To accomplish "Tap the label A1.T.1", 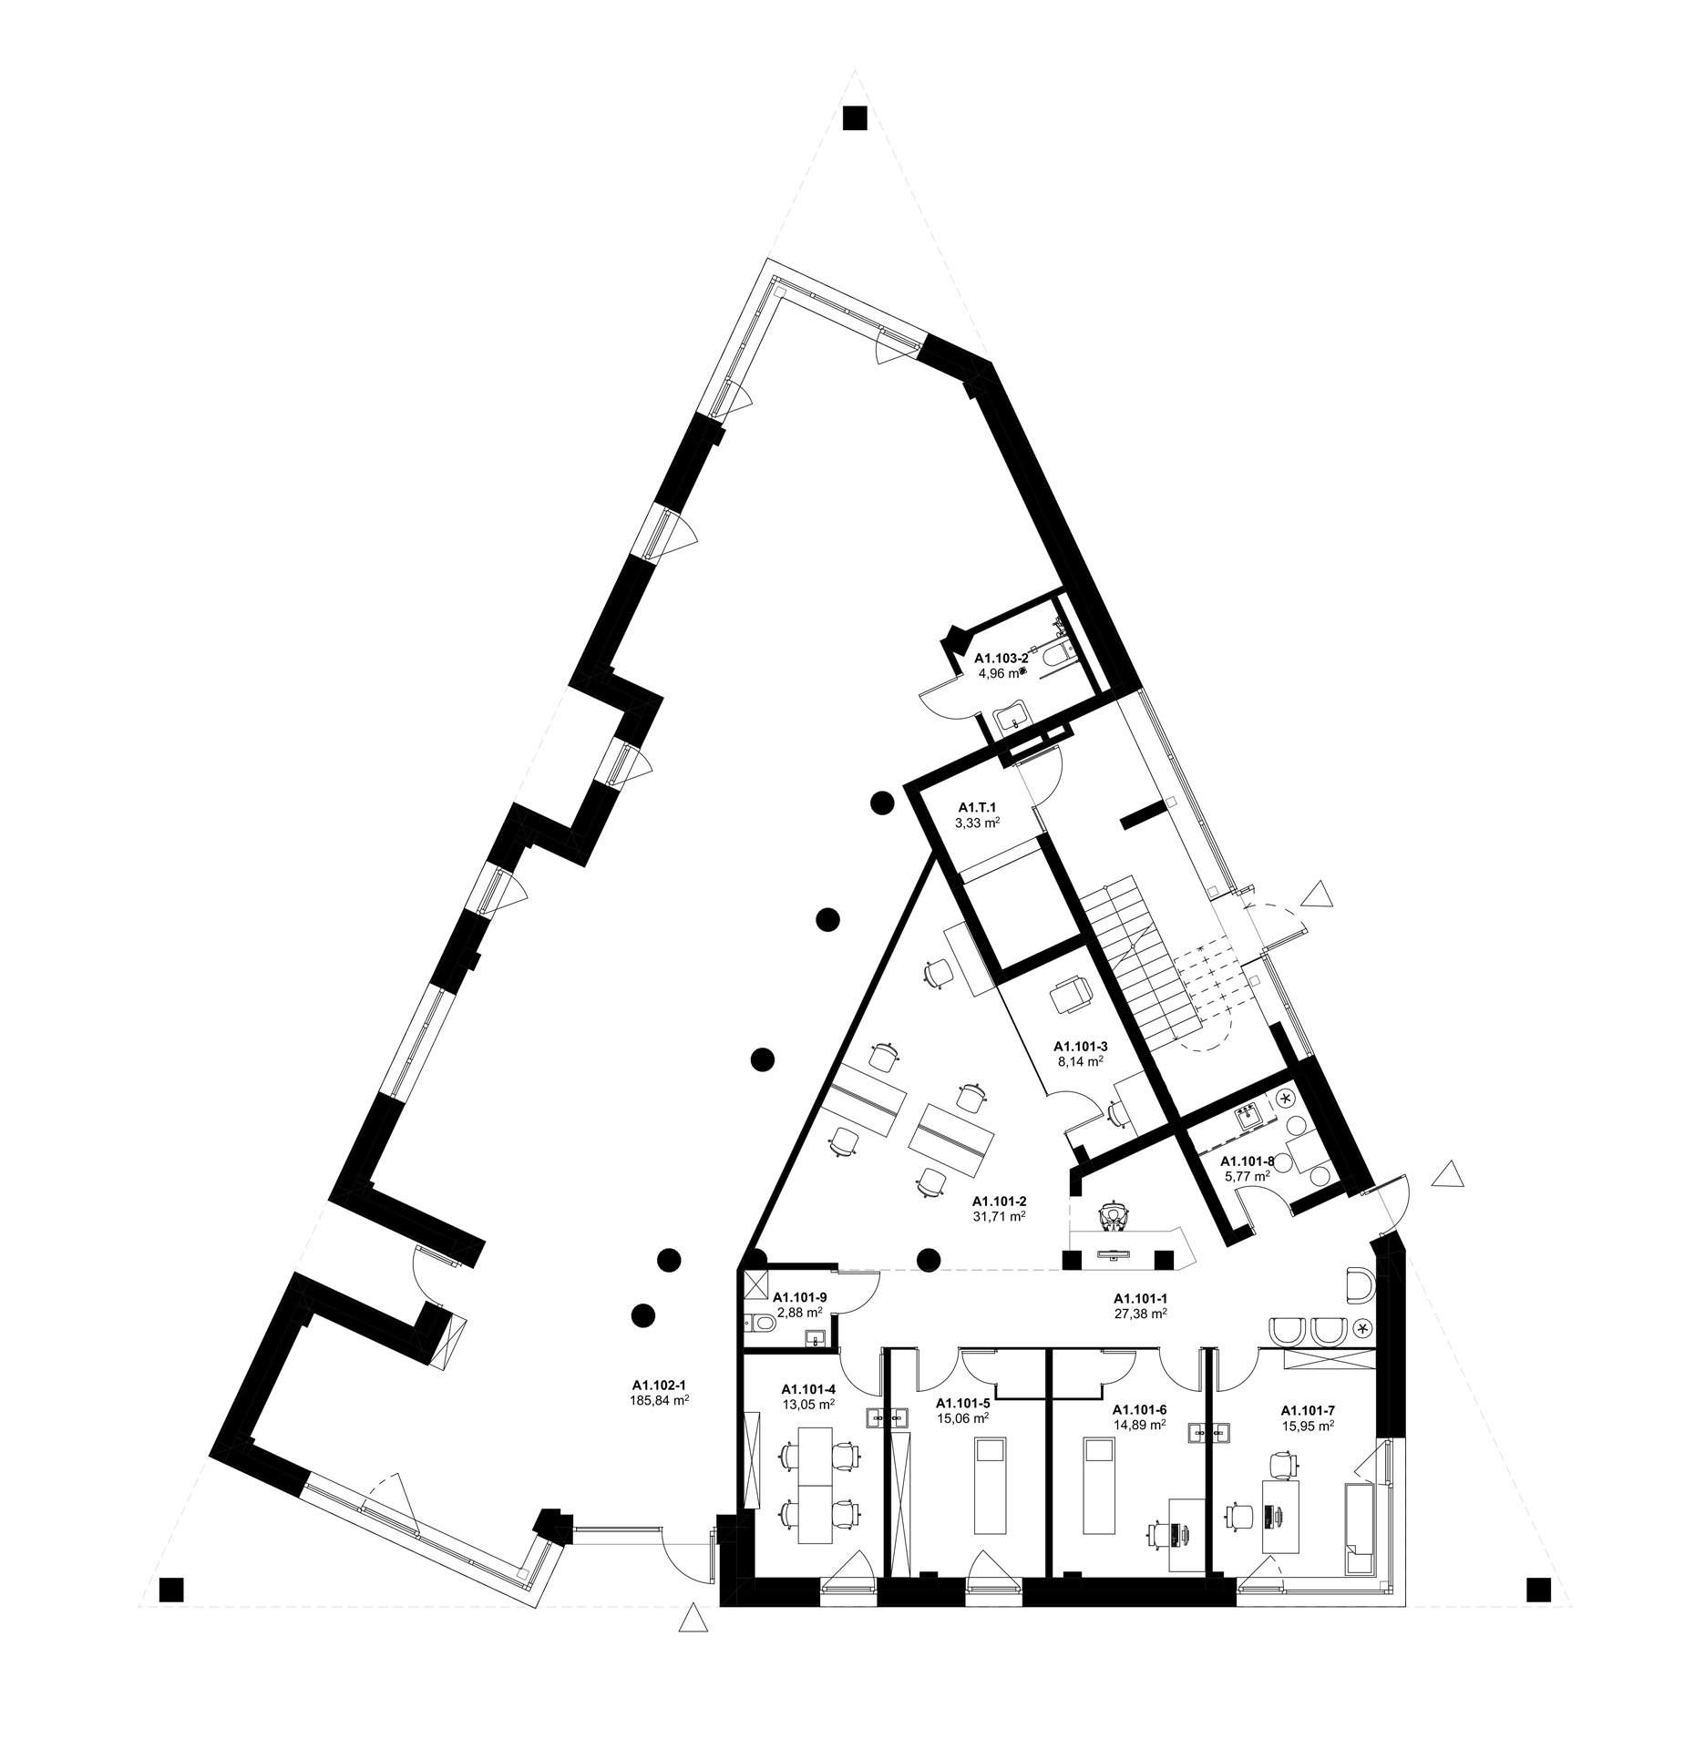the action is (x=978, y=807).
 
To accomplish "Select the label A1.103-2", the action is (x=1001, y=658).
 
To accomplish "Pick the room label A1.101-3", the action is (x=1081, y=1045).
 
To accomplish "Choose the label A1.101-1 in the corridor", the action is (x=1141, y=1296).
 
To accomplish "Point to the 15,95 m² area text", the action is (x=1308, y=1425).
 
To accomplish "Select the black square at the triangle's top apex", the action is (x=855, y=118).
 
